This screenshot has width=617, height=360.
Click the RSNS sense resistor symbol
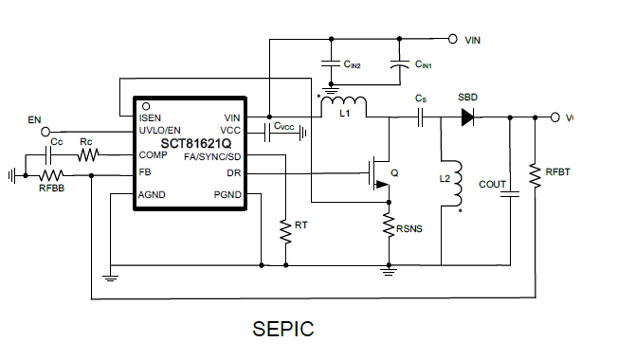[x=389, y=225]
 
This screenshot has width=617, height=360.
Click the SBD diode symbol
[x=466, y=117]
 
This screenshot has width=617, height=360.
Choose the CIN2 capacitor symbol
[x=331, y=65]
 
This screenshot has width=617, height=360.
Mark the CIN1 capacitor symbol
[x=399, y=65]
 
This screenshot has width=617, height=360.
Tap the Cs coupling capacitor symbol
[x=421, y=117]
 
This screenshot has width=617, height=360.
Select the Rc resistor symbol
[x=87, y=154]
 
